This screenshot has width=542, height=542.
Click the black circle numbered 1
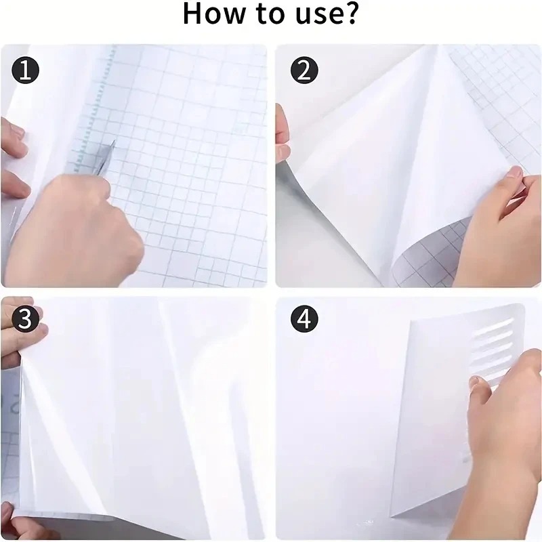click(25, 70)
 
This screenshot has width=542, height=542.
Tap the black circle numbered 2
click(303, 70)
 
